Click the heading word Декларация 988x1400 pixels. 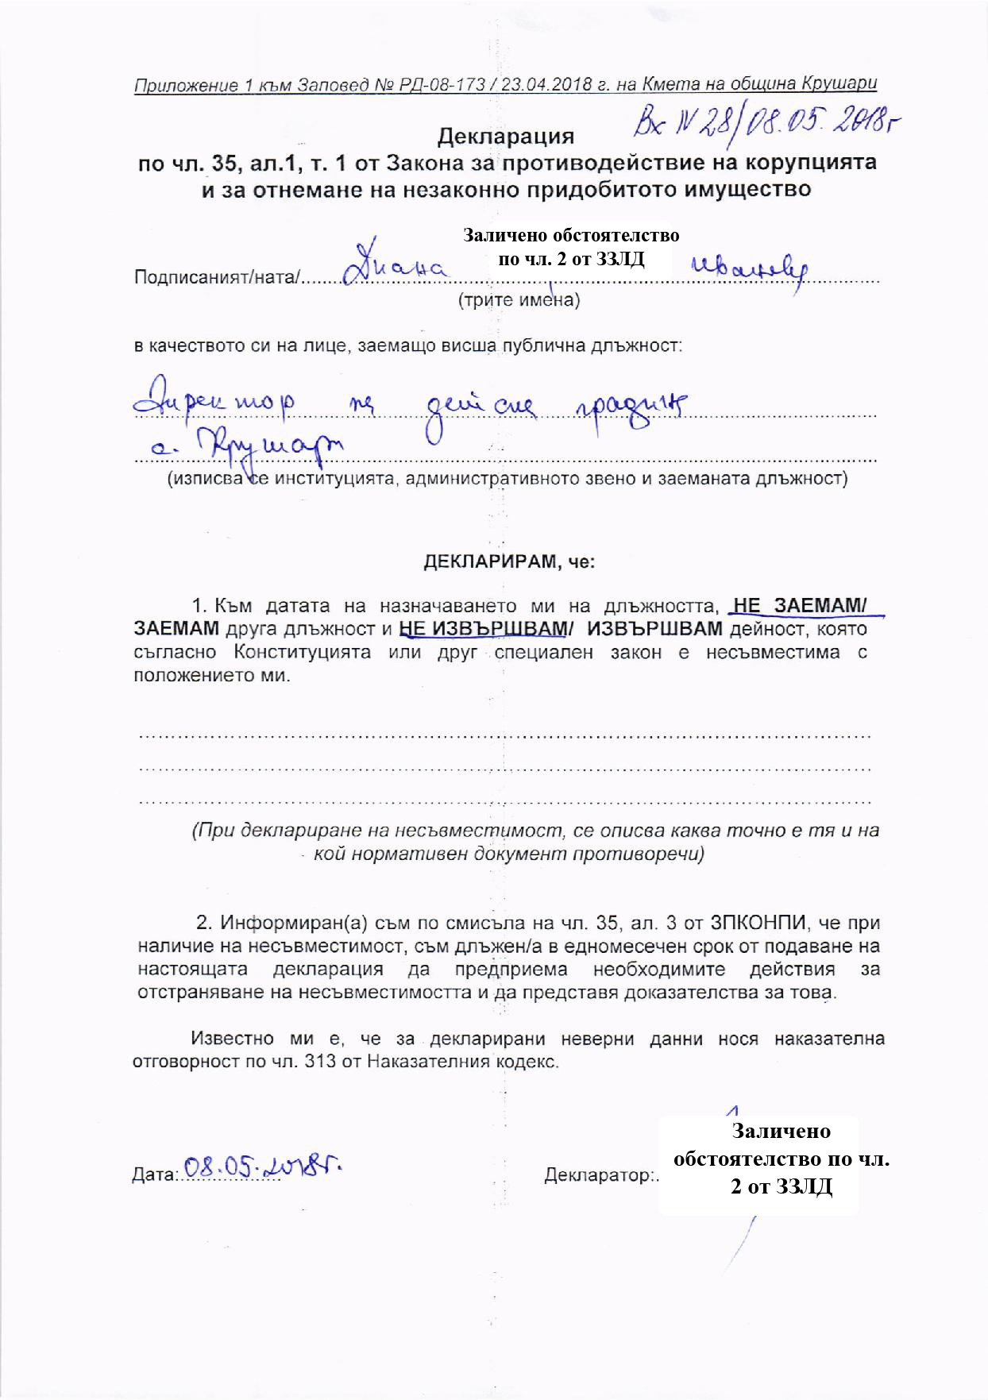tap(506, 137)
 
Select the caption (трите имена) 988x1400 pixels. tap(518, 301)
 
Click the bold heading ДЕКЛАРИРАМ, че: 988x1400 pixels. tap(508, 561)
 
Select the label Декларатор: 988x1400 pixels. tap(600, 1175)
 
